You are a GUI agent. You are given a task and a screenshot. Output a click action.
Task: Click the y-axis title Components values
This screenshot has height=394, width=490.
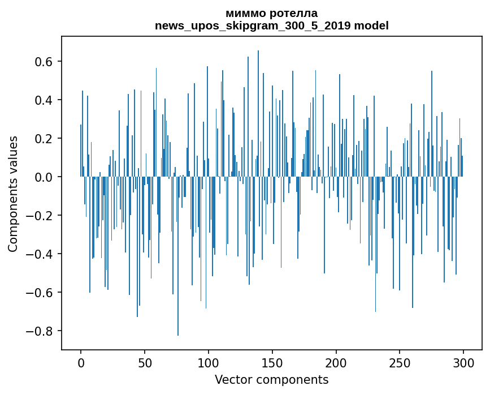(x=13, y=194)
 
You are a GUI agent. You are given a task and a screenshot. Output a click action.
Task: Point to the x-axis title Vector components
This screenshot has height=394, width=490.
(x=271, y=380)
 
